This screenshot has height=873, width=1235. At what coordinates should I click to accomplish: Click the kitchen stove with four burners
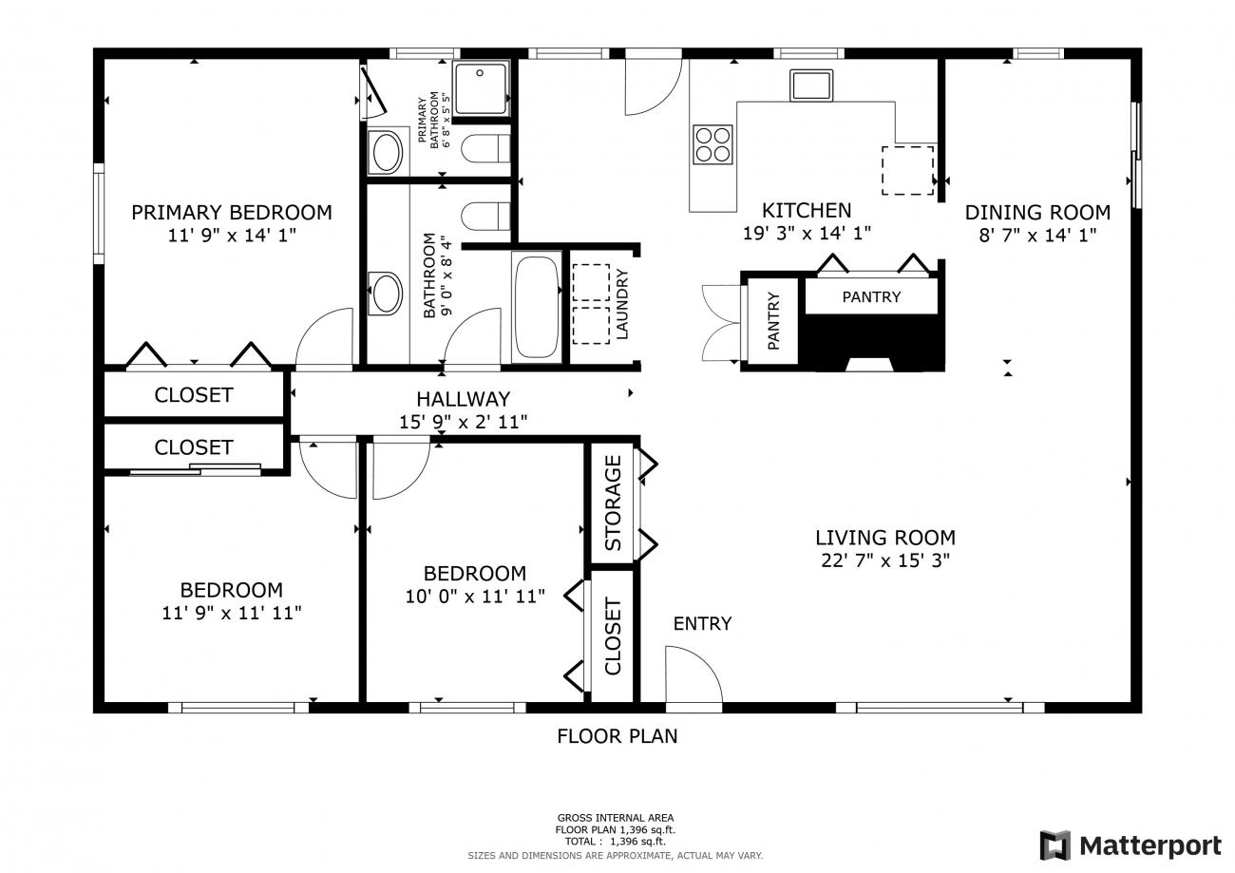pyautogui.click(x=712, y=144)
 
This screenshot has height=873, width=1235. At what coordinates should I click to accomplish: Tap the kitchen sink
pyautogui.click(x=811, y=85)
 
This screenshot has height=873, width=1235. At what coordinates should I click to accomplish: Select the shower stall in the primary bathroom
pyautogui.click(x=480, y=88)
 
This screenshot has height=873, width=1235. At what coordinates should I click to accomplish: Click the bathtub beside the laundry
pyautogui.click(x=537, y=307)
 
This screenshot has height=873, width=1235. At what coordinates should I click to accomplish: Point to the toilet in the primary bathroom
pyautogui.click(x=485, y=148)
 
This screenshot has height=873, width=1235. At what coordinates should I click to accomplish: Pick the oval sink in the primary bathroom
pyautogui.click(x=388, y=152)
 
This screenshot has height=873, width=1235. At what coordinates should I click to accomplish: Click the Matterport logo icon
pyautogui.click(x=1055, y=845)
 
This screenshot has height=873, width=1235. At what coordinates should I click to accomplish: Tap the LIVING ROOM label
pyautogui.click(x=885, y=538)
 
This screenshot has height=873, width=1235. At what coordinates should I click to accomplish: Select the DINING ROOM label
pyautogui.click(x=1037, y=213)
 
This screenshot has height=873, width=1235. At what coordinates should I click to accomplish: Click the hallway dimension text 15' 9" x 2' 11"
pyautogui.click(x=464, y=422)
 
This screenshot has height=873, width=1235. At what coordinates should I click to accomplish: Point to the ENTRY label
pyautogui.click(x=702, y=623)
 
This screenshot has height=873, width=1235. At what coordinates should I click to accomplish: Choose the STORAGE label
pyautogui.click(x=613, y=503)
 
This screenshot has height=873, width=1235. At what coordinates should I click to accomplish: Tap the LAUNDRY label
pyautogui.click(x=621, y=304)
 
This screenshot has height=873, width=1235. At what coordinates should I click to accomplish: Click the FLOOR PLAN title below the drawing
pyautogui.click(x=617, y=736)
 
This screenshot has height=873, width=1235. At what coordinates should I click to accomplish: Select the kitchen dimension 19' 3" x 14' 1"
pyautogui.click(x=807, y=233)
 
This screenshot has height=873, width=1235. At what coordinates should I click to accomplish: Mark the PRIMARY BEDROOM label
pyautogui.click(x=232, y=213)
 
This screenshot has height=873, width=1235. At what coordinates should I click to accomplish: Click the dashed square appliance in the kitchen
pyautogui.click(x=907, y=170)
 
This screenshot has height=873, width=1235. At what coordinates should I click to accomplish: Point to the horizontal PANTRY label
pyautogui.click(x=871, y=297)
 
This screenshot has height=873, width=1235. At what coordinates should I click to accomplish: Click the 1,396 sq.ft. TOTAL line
pyautogui.click(x=616, y=841)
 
